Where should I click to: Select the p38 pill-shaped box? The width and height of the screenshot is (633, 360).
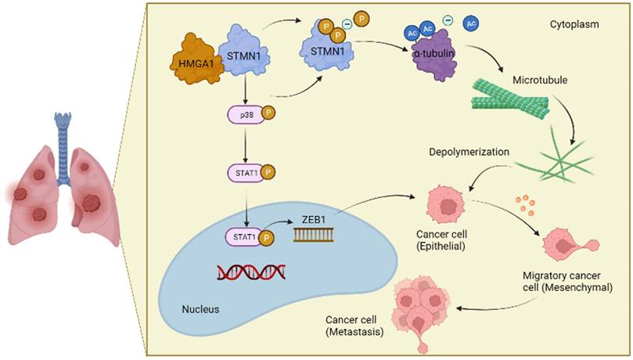(244, 117)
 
